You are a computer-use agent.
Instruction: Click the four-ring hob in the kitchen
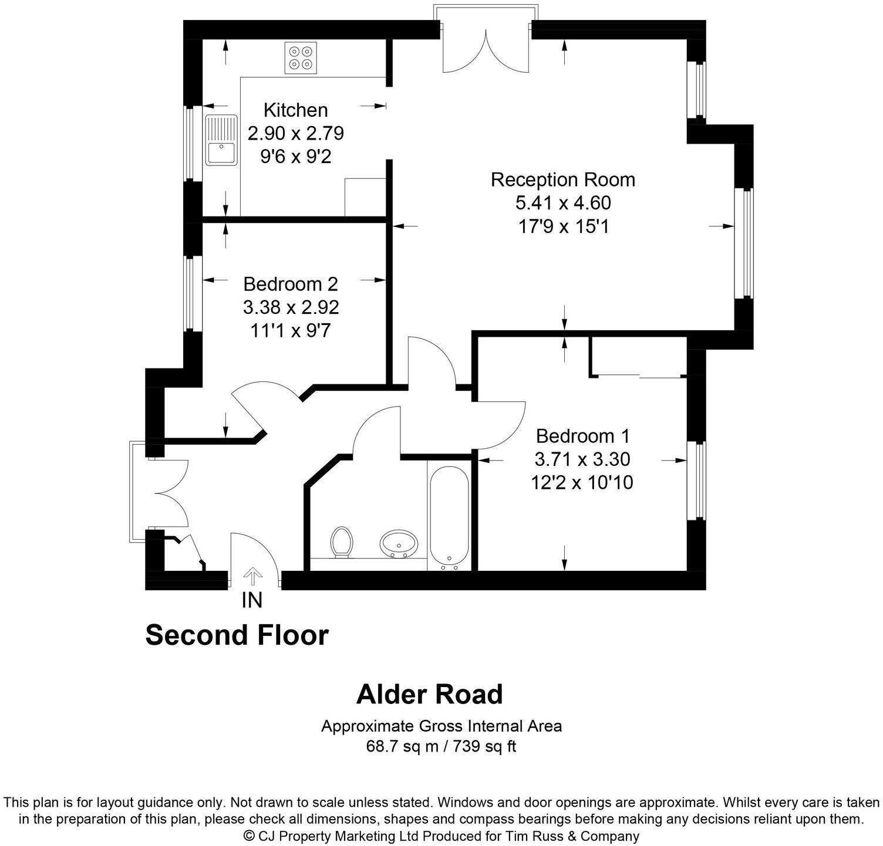[301, 57]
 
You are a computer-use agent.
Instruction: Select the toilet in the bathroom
[341, 541]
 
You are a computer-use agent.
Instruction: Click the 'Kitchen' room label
[295, 110]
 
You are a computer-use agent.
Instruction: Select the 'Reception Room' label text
[562, 180]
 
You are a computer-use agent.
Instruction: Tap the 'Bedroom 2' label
[291, 284]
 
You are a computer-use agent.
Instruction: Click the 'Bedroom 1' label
[582, 436]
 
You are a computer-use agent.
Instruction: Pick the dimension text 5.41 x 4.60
[562, 203]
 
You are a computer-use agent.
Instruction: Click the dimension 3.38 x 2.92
[291, 307]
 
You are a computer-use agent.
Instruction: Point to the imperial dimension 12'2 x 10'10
[582, 483]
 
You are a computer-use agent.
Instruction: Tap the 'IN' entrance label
[252, 600]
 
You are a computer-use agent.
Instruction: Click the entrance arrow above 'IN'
[252, 576]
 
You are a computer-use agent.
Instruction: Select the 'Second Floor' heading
[237, 635]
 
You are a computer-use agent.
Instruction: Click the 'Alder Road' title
[429, 695]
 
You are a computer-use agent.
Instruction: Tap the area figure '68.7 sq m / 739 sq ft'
[441, 747]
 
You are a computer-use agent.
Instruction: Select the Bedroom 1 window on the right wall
[697, 480]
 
